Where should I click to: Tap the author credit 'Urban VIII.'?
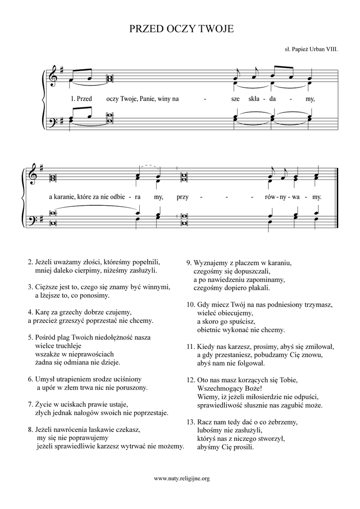(324, 50)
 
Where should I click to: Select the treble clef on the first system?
(54, 78)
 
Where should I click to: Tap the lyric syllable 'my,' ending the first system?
(311, 98)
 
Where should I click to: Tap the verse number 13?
(190, 422)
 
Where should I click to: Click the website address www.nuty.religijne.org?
(182, 479)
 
